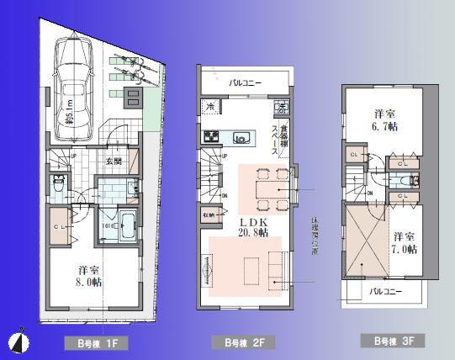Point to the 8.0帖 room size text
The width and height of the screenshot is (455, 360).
click(90, 283)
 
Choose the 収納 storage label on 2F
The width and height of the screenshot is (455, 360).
click(208, 214)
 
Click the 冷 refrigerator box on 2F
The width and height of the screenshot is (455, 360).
click(209, 107)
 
